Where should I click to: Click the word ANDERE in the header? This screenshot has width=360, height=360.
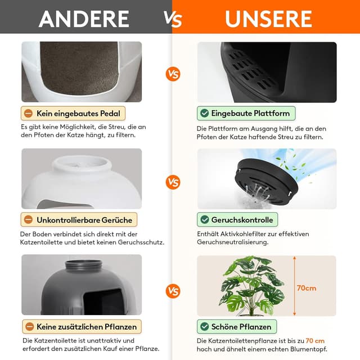pos(84,19)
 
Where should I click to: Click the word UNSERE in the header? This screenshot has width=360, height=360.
pos(268,19)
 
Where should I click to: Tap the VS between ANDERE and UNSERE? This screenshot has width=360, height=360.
pos(173,19)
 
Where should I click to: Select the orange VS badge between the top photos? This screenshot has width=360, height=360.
pos(173,74)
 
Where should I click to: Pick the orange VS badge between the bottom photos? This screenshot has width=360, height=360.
pos(173,291)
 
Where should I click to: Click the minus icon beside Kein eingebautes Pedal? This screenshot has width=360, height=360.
pos(29,113)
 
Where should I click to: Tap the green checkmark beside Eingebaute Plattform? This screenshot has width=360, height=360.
pos(204,113)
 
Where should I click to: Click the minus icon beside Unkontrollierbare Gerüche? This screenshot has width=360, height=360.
pos(29,220)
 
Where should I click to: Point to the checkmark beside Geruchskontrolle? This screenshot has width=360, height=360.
pos(204,220)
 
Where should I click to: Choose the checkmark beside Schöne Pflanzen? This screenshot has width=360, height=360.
pos(204,326)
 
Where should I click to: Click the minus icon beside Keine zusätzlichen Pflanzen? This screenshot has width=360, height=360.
pos(30,326)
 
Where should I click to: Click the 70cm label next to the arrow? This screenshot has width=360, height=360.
pos(306,288)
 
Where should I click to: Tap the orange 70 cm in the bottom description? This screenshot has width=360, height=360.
pos(315,341)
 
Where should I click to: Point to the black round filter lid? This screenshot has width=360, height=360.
pos(266,181)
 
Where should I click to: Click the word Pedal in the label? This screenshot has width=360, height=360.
pos(110,114)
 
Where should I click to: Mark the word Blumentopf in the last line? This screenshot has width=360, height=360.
pos(309,349)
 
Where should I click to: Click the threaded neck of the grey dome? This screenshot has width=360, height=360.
pos(83,265)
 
